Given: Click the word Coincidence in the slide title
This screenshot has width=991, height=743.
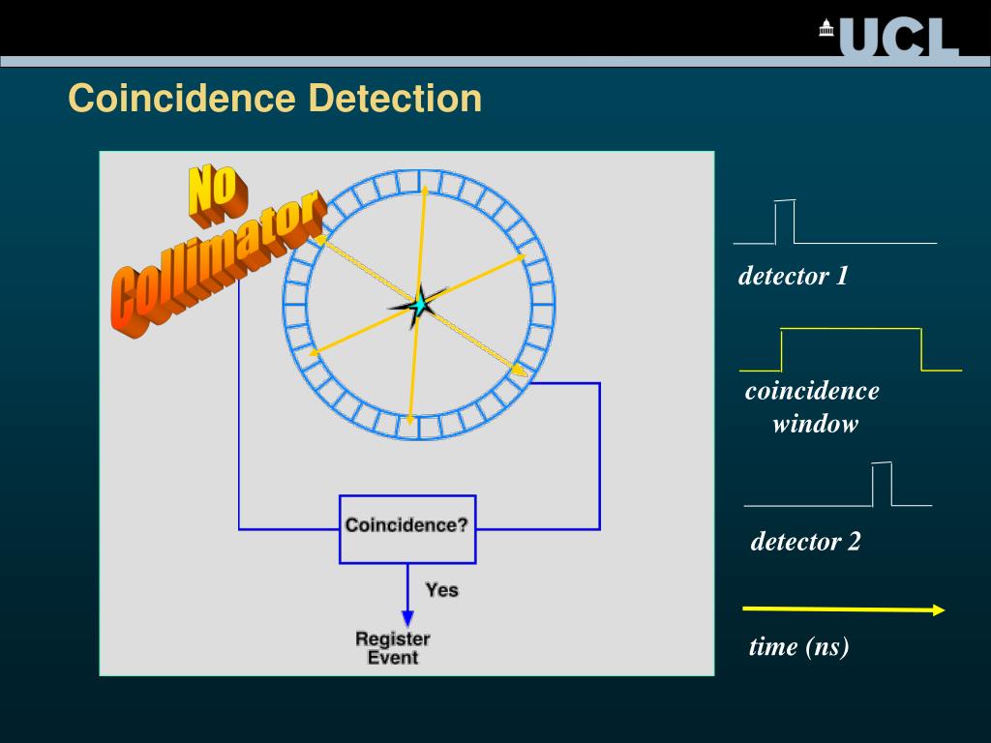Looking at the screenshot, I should (181, 98).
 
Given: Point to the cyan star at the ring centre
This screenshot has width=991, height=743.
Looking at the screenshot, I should (419, 307).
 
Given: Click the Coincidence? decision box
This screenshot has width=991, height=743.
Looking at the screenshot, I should (406, 528).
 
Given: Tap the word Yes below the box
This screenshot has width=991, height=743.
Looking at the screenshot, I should (441, 589).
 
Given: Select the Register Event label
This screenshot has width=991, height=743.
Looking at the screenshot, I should (393, 648).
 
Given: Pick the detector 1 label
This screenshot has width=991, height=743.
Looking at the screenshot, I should (793, 277).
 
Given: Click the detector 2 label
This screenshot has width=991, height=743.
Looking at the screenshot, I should (805, 542).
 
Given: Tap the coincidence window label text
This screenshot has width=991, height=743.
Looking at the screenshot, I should (813, 407).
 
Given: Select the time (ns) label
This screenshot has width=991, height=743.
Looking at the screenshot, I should (798, 646).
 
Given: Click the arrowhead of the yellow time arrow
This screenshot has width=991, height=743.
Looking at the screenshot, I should (938, 609).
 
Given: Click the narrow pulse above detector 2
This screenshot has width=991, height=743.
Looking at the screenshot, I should (882, 484).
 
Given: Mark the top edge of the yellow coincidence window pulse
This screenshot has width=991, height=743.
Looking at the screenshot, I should (851, 329).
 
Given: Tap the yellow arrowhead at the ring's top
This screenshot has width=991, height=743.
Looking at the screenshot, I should (425, 192).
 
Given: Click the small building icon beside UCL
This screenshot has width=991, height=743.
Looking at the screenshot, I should (826, 28).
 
